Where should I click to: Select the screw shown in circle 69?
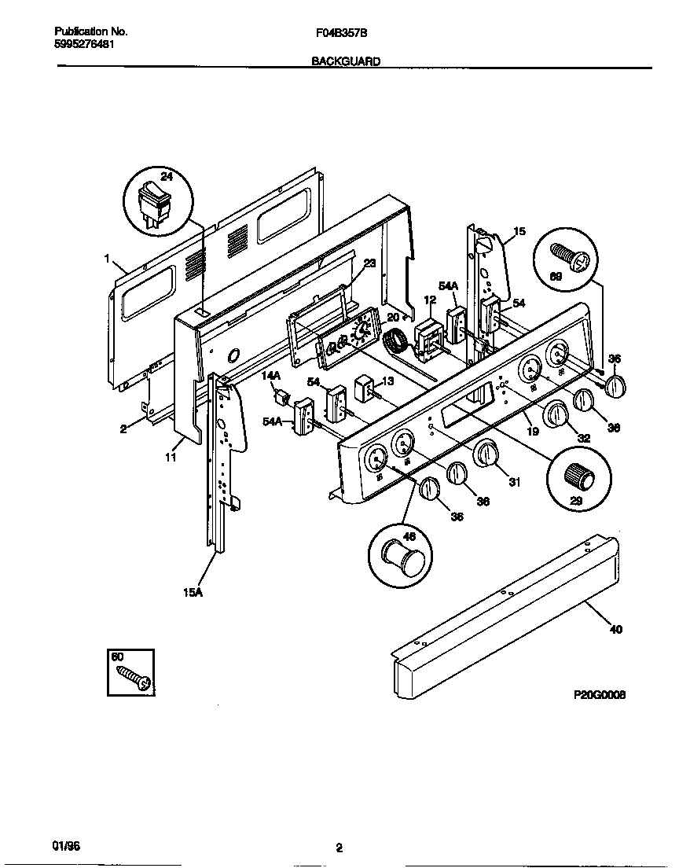click(567, 256)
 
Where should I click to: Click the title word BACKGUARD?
click(346, 61)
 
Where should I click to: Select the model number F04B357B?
click(339, 32)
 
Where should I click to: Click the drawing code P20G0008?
click(600, 695)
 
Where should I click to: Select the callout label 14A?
click(270, 377)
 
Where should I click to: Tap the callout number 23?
click(369, 263)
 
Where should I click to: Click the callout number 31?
click(514, 482)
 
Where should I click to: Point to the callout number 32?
click(584, 438)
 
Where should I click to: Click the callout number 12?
click(429, 300)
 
